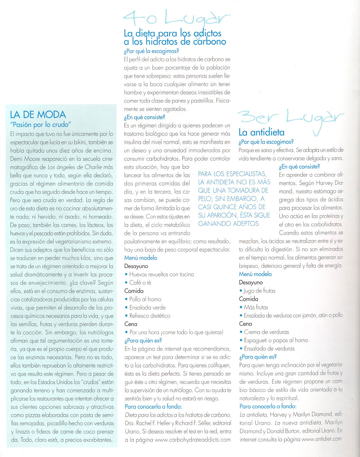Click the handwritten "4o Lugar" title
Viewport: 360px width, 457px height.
point(176,18)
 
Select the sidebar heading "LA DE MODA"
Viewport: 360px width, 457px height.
point(38,114)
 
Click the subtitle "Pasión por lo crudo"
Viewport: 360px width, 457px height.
point(41,125)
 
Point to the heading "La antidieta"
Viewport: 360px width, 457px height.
point(261,132)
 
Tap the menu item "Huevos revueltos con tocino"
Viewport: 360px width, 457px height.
point(161,274)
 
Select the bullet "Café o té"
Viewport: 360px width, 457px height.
point(140,282)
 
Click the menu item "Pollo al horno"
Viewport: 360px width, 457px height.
point(145,299)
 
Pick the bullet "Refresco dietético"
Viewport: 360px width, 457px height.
point(149,316)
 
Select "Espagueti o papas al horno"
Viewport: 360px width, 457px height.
point(276,340)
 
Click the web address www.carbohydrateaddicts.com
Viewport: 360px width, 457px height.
point(192,440)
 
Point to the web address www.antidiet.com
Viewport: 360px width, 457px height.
point(322,439)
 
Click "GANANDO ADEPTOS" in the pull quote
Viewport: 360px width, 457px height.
point(228,224)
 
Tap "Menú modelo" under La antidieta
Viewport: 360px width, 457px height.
point(255,274)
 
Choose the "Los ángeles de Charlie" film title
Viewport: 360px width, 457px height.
point(75,167)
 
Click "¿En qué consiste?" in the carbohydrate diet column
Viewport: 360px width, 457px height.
point(145,117)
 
